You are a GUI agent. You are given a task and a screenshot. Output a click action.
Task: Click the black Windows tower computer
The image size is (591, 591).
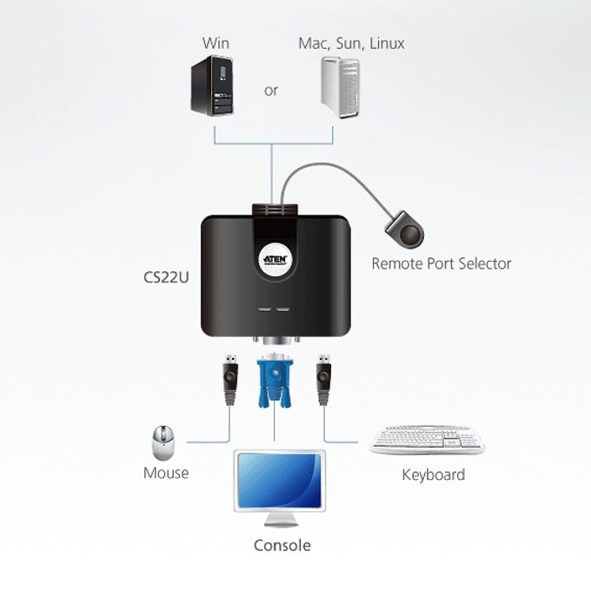tap(212, 85)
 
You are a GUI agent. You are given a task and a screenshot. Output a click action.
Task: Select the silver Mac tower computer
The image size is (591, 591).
tap(341, 87)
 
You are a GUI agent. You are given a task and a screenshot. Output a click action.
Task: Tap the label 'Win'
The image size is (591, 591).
tap(216, 43)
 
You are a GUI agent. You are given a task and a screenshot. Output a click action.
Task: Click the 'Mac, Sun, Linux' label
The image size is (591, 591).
tap(351, 43)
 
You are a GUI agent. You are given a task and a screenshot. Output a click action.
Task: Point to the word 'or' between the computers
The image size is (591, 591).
tap(271, 90)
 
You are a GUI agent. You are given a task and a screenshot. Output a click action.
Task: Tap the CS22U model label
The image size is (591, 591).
tap(166, 277)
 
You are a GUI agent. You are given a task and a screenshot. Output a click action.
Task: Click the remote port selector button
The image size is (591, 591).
tap(405, 230)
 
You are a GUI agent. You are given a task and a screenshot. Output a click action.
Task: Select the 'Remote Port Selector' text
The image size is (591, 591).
tap(442, 263)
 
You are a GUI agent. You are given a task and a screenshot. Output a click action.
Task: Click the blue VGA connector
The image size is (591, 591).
tap(275, 380)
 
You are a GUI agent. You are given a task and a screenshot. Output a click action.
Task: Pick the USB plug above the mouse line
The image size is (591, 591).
tap(230, 380)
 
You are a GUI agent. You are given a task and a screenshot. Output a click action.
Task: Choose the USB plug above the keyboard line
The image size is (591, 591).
tap(324, 380)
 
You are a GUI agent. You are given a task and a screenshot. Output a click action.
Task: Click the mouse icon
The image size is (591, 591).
tap(163, 443)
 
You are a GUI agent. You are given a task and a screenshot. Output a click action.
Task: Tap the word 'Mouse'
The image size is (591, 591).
tap(166, 473)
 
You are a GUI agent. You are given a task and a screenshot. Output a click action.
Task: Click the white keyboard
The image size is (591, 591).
tap(427, 440)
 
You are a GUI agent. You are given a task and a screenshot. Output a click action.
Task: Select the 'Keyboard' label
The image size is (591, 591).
tap(434, 475)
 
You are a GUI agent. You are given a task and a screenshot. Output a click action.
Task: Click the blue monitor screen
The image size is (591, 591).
tap(279, 481)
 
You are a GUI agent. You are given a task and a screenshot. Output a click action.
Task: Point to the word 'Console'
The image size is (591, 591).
tap(282, 546)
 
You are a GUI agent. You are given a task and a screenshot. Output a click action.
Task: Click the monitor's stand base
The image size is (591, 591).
tap(281, 523)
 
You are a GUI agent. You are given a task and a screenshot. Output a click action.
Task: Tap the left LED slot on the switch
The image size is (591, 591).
tap(264, 309)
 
